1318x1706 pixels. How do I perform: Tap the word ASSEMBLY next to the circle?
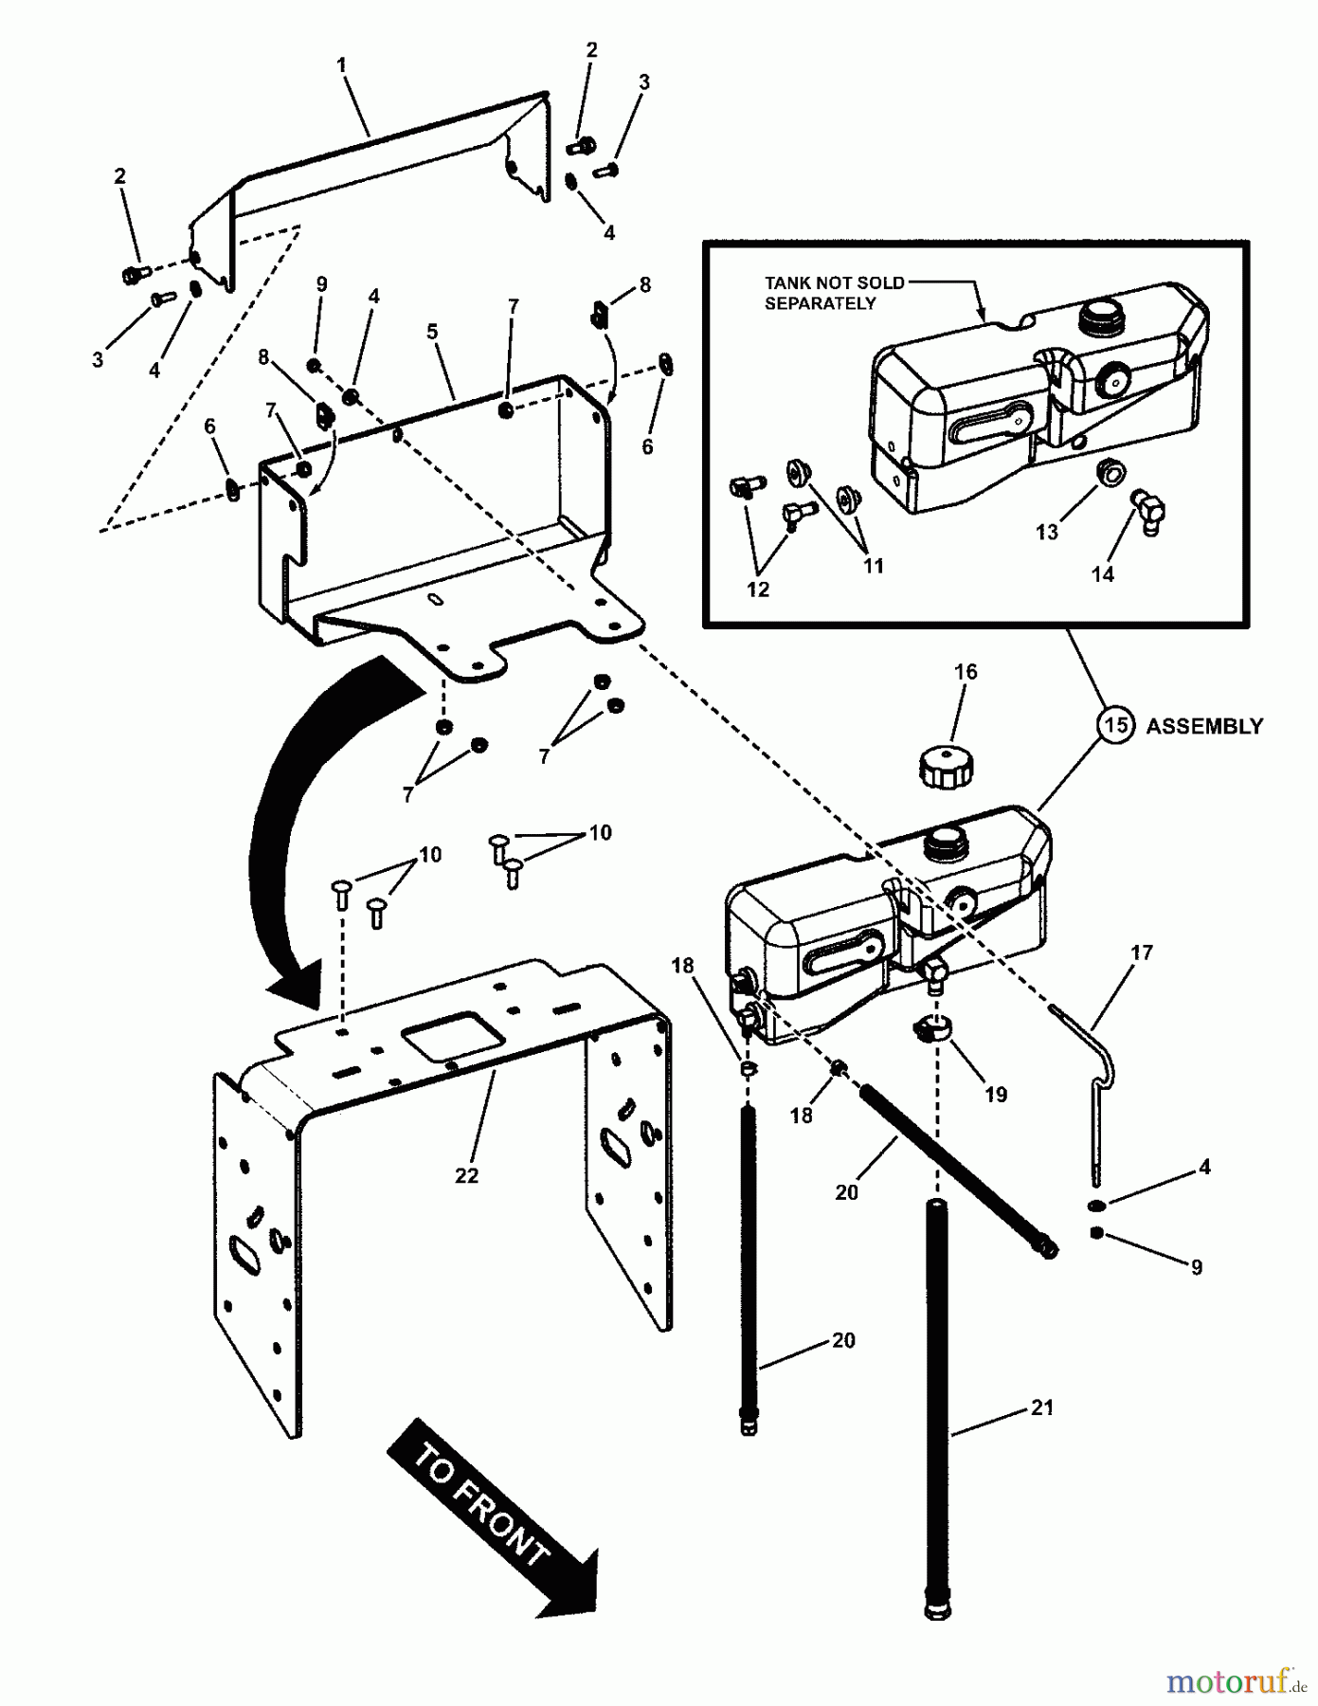(1204, 726)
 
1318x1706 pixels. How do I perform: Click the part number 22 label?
(466, 1175)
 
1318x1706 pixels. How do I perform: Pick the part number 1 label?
(341, 65)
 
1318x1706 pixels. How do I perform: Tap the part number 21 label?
(1042, 1407)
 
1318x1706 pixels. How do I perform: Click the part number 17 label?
(1142, 952)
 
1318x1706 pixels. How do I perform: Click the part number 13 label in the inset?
(1046, 533)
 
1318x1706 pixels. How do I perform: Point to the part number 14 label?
(1102, 573)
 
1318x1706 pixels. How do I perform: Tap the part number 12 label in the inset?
(758, 590)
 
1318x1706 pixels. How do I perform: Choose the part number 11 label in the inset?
(873, 566)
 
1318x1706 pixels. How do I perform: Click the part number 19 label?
(995, 1094)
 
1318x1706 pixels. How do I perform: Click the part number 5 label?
(432, 332)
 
